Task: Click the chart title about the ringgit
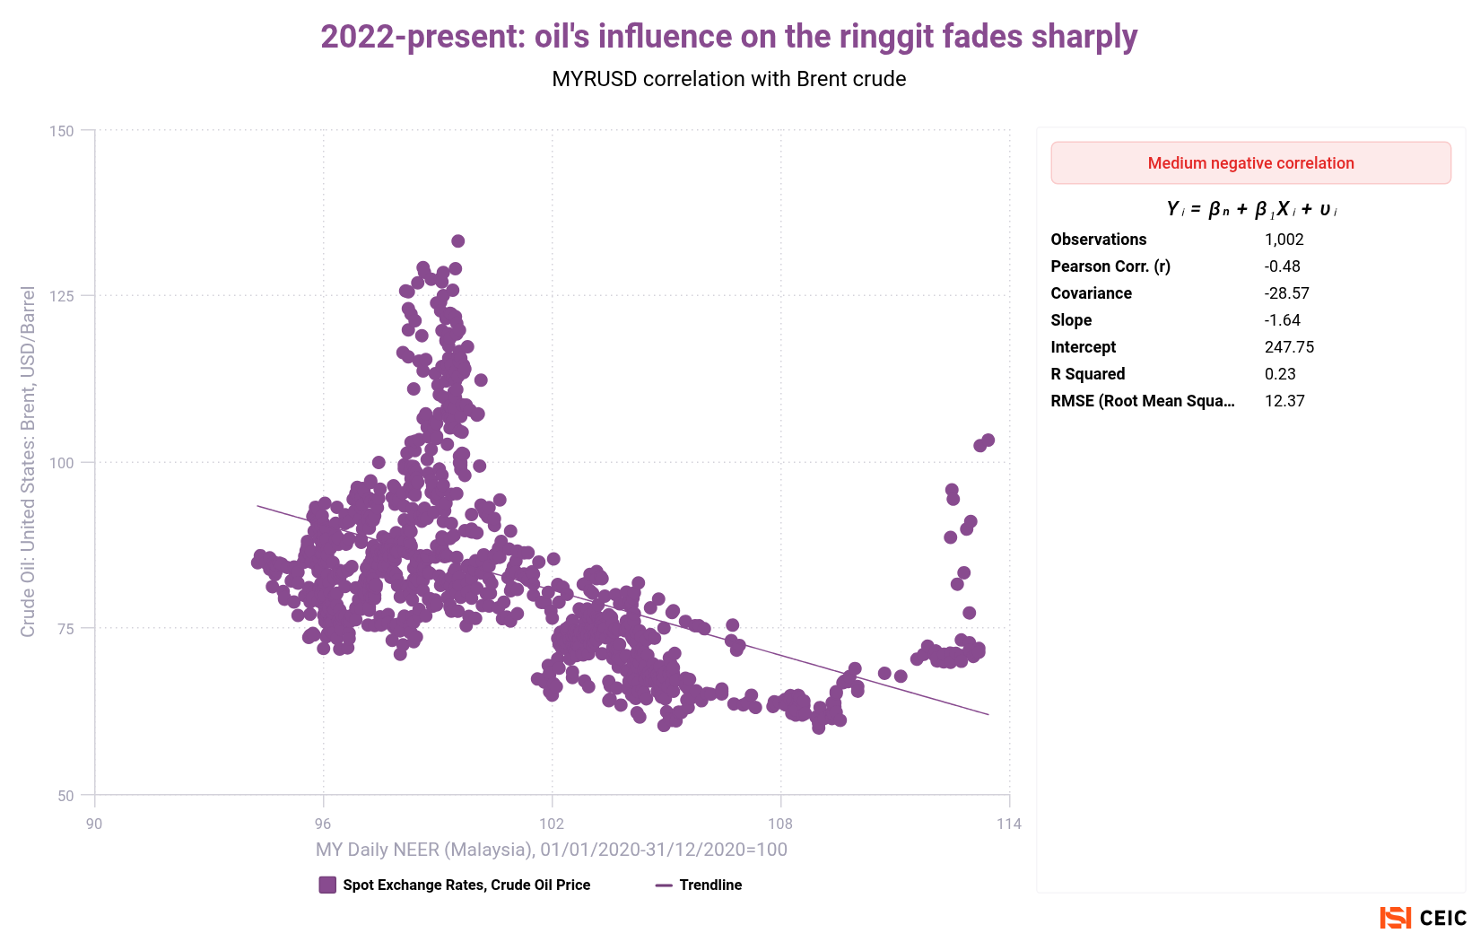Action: click(x=728, y=37)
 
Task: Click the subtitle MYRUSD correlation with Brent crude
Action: click(x=728, y=79)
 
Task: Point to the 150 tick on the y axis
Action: click(x=62, y=131)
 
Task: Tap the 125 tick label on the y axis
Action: click(x=62, y=296)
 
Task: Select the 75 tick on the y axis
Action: click(x=65, y=629)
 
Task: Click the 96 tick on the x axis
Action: click(x=323, y=824)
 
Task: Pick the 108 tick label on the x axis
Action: click(x=780, y=824)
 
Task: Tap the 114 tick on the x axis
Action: click(x=1008, y=824)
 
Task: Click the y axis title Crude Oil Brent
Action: click(x=28, y=462)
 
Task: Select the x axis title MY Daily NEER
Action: click(x=551, y=850)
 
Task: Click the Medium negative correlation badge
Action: click(x=1250, y=163)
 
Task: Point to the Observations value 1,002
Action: click(x=1284, y=240)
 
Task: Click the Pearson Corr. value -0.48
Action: click(x=1282, y=266)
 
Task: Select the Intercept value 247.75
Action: click(x=1289, y=347)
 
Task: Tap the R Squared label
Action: click(x=1087, y=374)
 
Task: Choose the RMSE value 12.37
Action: click(x=1284, y=401)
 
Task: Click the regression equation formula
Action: click(x=1250, y=209)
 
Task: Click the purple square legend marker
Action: click(x=327, y=885)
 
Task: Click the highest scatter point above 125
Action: click(x=457, y=241)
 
